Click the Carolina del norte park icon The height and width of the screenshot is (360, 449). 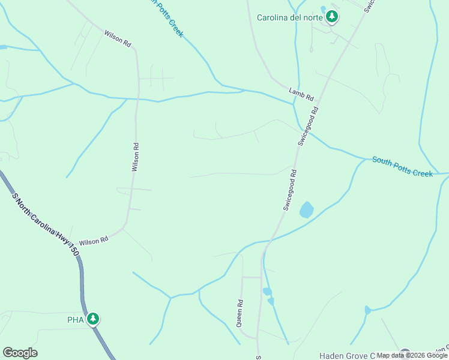point(333,17)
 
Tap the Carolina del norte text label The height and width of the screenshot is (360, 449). point(290,17)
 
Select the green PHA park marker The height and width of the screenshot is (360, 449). point(92,319)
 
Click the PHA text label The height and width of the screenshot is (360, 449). point(75,320)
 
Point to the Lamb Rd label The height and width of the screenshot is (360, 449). point(301,93)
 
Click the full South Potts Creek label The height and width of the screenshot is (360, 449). point(402,166)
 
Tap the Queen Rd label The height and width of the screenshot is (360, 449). point(240,313)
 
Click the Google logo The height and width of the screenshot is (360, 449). point(20,353)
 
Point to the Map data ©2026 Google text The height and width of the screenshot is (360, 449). point(411,355)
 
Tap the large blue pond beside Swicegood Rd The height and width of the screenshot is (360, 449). point(306,209)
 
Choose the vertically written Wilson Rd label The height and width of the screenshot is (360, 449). point(136,157)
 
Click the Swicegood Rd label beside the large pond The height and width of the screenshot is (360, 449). point(291,189)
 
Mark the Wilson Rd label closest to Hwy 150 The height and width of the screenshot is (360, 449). point(93,239)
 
